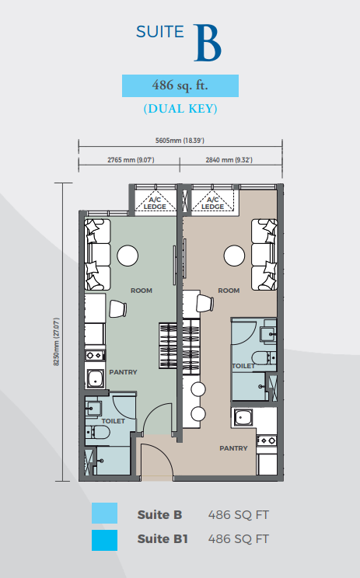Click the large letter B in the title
pyautogui.click(x=208, y=44)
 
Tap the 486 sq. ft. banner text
pyautogui.click(x=180, y=85)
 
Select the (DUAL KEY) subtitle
pyautogui.click(x=180, y=109)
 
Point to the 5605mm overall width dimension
pyautogui.click(x=180, y=141)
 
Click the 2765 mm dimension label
pyautogui.click(x=131, y=160)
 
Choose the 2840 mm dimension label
pyautogui.click(x=229, y=160)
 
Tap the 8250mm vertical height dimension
pyautogui.click(x=57, y=342)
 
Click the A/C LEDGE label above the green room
pyautogui.click(x=155, y=203)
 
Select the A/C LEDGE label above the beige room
pyautogui.click(x=212, y=203)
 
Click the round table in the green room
pyautogui.click(x=128, y=256)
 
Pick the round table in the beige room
pyautogui.click(x=234, y=256)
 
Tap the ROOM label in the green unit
pyautogui.click(x=142, y=291)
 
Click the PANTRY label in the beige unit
pyautogui.click(x=233, y=448)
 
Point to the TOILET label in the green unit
pyautogui.click(x=114, y=421)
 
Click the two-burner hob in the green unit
pyautogui.click(x=95, y=355)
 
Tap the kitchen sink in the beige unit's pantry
pyautogui.click(x=243, y=417)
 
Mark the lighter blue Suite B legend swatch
pyautogui.click(x=105, y=513)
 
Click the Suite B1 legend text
pyautogui.click(x=163, y=539)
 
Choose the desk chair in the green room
pyautogui.click(x=118, y=309)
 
